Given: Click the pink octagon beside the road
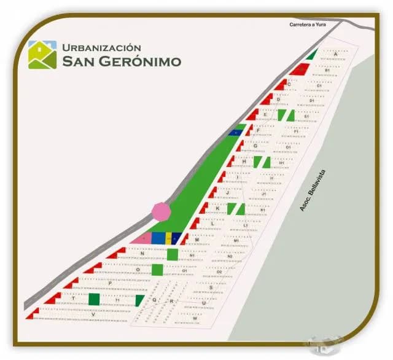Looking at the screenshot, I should (161, 211).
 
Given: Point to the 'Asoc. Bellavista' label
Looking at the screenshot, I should (313, 192).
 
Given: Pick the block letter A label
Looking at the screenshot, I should (336, 55).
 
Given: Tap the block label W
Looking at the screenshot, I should (195, 319).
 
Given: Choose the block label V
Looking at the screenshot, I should (93, 315).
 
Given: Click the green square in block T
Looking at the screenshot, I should (94, 299).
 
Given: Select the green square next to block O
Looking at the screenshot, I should (157, 269).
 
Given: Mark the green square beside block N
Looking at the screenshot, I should (173, 254).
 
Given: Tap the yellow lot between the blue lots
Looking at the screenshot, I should (168, 238).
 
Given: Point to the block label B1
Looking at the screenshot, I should (327, 71).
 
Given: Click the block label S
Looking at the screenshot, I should (211, 287).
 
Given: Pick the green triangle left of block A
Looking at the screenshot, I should (312, 55).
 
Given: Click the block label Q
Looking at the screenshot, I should (155, 300).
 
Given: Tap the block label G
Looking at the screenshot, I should (255, 146).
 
